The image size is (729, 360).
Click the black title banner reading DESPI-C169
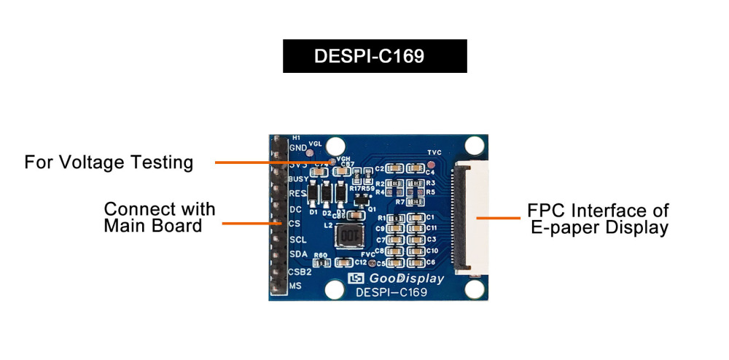point(375,56)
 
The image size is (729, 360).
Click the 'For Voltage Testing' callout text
point(109,162)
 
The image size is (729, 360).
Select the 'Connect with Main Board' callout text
point(160,218)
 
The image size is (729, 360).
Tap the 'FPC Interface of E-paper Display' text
point(598,219)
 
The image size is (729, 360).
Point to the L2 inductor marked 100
point(351,237)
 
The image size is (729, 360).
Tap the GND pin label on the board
point(297,148)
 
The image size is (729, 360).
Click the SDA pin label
point(298,254)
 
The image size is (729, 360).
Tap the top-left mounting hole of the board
point(335,144)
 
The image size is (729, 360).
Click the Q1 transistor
point(358,200)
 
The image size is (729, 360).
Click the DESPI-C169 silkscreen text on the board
point(391,293)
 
